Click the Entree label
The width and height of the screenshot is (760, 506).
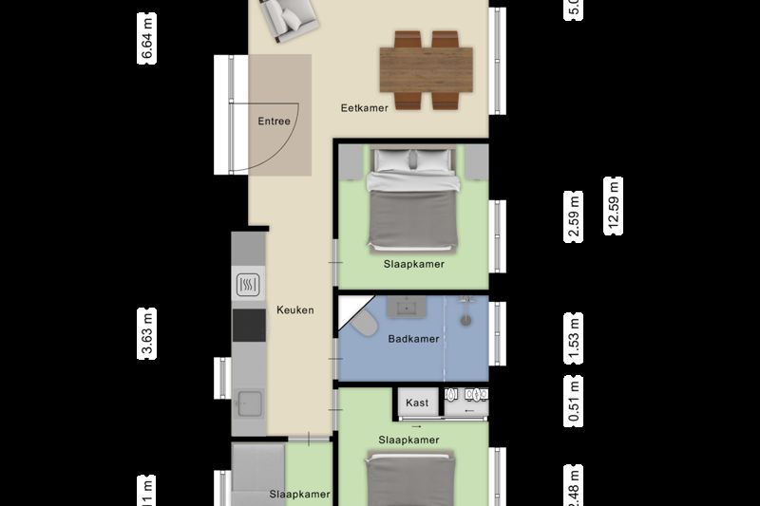coord(274,122)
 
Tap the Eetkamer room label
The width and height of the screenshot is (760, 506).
coord(365,108)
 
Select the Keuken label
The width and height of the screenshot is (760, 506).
coord(294,310)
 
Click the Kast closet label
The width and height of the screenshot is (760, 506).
coord(417,403)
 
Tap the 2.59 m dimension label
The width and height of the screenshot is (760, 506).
coord(574,217)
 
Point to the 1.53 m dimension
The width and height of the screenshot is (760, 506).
coord(574,340)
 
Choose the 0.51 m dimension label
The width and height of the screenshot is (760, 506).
coord(574,402)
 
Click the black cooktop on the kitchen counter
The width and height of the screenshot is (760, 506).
coord(250,324)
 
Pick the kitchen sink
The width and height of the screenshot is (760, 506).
coord(249,403)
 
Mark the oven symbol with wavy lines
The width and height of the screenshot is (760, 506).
coord(249,284)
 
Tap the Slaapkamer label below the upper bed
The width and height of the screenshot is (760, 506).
coord(413,263)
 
